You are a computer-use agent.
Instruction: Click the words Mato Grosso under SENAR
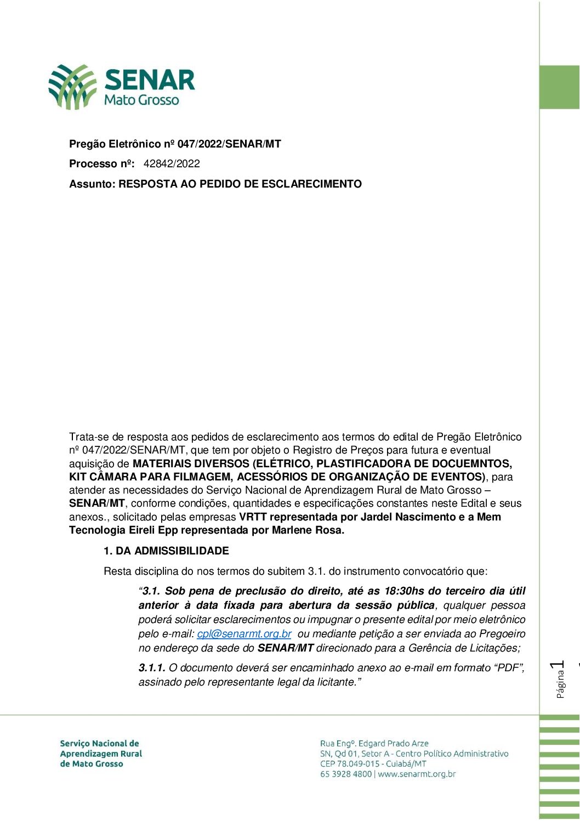141,100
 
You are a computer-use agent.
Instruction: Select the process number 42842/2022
172,164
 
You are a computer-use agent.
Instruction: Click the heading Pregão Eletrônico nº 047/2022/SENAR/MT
175,144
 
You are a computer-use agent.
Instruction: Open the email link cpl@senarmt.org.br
244,634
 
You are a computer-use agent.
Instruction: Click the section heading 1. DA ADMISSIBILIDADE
166,551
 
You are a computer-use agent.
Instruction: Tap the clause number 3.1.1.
152,668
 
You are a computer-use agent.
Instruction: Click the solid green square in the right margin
559,87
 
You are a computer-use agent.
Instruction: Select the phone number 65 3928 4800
346,774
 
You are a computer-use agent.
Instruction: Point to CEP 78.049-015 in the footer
350,764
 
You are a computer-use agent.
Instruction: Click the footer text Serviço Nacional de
99,744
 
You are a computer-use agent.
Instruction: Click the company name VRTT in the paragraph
252,517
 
